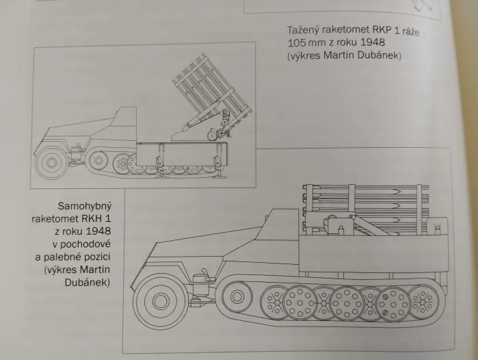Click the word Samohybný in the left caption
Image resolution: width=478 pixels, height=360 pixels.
pos(85,206)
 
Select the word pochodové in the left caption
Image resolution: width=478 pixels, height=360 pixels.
pos(85,244)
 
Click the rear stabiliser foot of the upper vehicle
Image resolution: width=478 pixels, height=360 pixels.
pos(220,175)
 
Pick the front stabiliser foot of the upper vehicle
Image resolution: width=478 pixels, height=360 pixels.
pos(161,175)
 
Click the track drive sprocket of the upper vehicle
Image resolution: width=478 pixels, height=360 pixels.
pos(98,160)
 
